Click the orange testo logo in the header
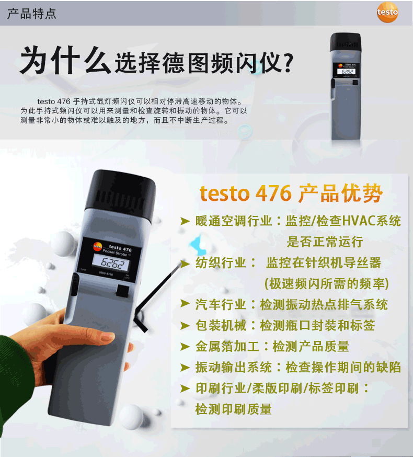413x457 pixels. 387,12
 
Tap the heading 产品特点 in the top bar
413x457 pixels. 32,14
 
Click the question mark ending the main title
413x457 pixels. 288,63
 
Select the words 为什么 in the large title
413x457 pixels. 65,60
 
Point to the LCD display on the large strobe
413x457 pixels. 111,262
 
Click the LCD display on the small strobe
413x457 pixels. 347,72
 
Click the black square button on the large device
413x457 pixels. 123,290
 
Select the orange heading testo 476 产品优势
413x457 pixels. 291,193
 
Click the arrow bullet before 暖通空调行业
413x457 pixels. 185,221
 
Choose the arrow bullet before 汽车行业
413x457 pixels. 185,304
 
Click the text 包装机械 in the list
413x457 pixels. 221,325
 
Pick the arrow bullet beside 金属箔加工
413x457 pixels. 185,347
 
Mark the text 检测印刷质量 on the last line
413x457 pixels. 234,409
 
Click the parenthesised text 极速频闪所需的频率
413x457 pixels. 327,283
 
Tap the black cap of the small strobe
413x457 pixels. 346,42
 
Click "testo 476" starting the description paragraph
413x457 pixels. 54,101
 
